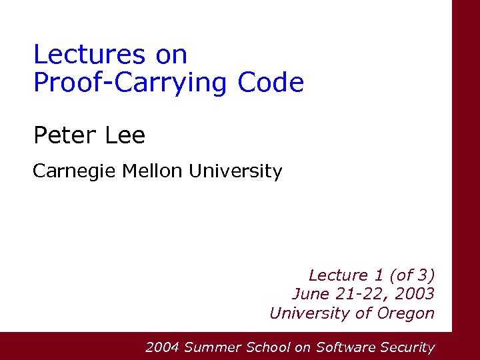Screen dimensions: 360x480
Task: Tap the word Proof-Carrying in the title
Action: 130,83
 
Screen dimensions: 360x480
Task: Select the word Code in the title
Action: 270,83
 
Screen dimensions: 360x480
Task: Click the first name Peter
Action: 63,136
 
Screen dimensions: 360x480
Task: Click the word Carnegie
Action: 75,171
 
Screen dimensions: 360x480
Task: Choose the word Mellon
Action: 152,171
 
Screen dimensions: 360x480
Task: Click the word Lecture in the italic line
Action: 338,275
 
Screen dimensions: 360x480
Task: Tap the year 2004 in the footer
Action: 162,347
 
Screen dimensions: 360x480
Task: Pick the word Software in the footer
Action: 345,347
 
